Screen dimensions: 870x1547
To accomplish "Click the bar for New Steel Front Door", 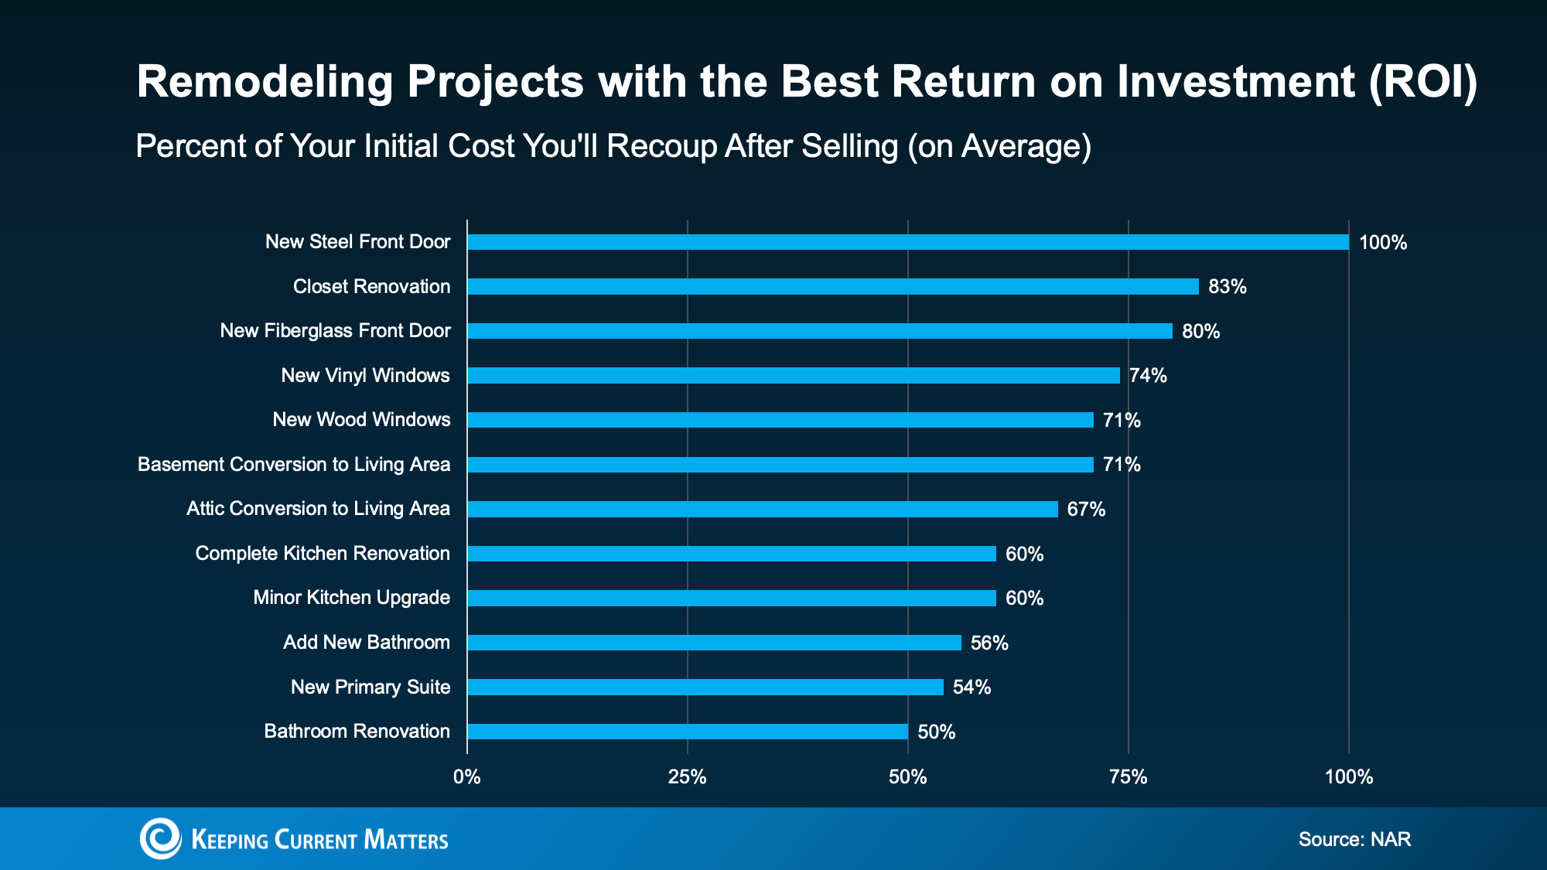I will [907, 242].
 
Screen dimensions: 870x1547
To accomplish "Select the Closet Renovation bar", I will [832, 287].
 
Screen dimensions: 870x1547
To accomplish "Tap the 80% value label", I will [1200, 332].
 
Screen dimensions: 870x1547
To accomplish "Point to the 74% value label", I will [1148, 376].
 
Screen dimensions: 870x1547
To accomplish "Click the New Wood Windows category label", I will [361, 420].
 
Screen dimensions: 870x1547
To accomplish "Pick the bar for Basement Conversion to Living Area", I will [780, 465].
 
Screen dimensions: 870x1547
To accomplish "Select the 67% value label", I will [1086, 510].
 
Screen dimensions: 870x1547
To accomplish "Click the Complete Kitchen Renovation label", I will [323, 554].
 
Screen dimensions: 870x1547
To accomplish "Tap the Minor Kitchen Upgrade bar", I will [731, 599].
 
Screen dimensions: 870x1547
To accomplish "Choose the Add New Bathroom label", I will [367, 643].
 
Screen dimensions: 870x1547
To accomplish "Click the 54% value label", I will [972, 687].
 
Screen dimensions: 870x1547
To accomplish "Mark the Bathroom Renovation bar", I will [687, 732].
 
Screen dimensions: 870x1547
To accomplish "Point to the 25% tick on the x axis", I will [687, 777].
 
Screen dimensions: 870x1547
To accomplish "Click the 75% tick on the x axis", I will [1128, 777].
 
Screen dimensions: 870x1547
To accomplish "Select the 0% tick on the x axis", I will [466, 777].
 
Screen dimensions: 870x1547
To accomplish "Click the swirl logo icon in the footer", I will [160, 838].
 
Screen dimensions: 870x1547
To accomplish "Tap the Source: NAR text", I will [1354, 840].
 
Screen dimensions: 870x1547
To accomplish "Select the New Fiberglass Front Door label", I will [335, 331].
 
